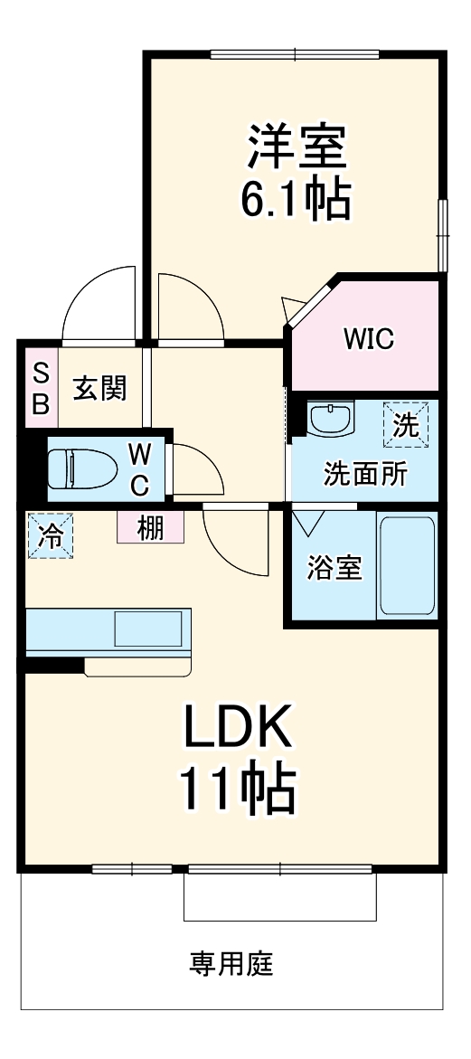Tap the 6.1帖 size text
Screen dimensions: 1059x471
tap(294, 200)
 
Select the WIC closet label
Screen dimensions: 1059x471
tap(367, 339)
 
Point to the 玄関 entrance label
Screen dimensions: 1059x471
tap(99, 389)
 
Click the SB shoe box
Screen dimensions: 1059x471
tap(41, 389)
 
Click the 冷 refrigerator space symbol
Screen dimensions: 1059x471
tap(50, 535)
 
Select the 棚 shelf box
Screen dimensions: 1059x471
tap(150, 527)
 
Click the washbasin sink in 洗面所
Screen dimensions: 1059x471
tap(332, 420)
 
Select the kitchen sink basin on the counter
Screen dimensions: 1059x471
tap(150, 629)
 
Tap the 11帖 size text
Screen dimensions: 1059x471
tap(239, 789)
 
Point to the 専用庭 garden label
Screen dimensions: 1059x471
tap(231, 964)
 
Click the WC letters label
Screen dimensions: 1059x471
tap(139, 469)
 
